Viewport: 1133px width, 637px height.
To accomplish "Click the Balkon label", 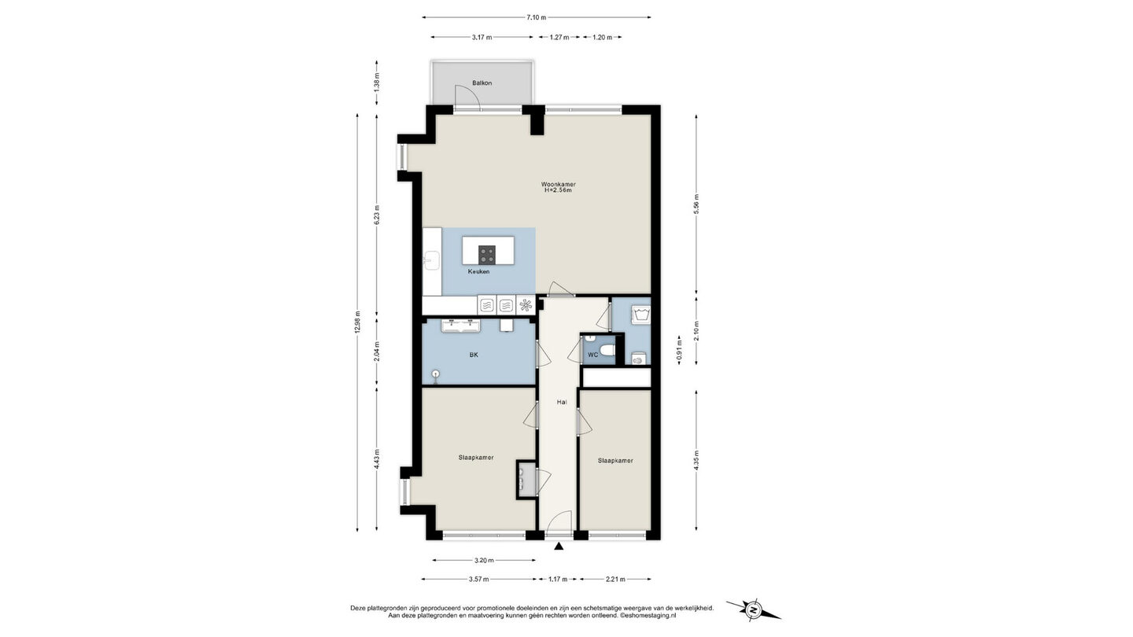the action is [x=482, y=83].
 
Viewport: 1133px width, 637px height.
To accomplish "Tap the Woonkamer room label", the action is [x=559, y=184].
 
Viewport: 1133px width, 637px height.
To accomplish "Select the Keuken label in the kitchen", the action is [x=478, y=271].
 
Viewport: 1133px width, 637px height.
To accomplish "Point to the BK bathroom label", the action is [x=474, y=355].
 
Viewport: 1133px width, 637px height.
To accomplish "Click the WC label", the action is [x=592, y=355].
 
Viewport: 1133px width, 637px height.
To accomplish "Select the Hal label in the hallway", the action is [x=562, y=403].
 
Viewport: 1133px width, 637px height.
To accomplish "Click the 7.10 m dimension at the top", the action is [x=536, y=17].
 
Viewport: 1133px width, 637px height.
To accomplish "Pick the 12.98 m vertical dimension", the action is [x=357, y=322].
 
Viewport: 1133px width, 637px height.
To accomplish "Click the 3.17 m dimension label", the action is [x=482, y=37].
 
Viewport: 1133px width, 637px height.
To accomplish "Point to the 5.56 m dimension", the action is [x=696, y=204].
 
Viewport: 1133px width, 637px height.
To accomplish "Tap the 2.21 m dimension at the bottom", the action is [x=615, y=579].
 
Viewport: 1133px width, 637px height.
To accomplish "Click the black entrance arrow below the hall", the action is [x=559, y=546].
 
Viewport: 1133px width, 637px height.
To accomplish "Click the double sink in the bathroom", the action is [x=107, y=326].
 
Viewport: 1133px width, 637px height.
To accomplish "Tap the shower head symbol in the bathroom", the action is [x=436, y=374].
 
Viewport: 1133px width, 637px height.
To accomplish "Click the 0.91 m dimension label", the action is [x=679, y=349].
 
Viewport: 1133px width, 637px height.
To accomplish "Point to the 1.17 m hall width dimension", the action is [x=559, y=579].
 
